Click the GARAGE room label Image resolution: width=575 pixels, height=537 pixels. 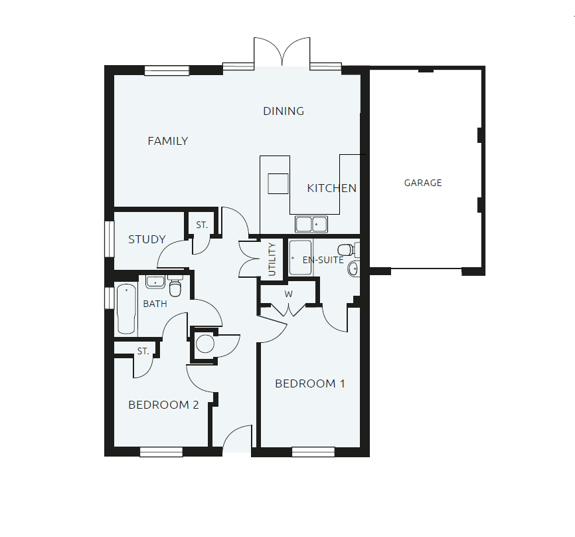(x=423, y=183)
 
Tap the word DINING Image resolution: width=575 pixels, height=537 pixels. (x=284, y=111)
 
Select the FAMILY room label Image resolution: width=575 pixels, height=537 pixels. (x=167, y=141)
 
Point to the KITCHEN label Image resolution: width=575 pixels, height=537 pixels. (x=331, y=188)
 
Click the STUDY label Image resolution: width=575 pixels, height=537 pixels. (x=147, y=239)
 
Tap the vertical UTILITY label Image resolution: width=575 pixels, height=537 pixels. (x=272, y=259)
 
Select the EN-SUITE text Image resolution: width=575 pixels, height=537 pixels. (x=323, y=260)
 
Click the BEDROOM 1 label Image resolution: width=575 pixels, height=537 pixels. (x=310, y=383)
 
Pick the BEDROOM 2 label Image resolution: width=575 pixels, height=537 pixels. (x=163, y=405)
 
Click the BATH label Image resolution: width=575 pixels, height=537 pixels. (x=155, y=304)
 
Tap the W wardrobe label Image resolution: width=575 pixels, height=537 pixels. (x=288, y=294)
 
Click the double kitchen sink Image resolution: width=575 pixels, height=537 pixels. (x=311, y=224)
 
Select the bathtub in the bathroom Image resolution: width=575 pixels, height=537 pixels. (x=125, y=309)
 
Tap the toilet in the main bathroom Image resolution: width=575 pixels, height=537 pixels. (x=175, y=288)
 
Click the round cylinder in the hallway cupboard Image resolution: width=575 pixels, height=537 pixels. (x=205, y=344)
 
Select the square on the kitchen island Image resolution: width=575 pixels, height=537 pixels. (x=278, y=183)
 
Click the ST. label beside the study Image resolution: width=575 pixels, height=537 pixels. (x=202, y=225)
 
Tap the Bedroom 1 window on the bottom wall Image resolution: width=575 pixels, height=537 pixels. (x=313, y=452)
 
